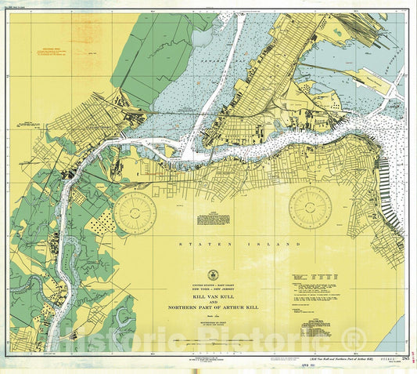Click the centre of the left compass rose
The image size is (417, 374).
[135, 212]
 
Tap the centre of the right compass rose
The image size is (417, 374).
[310, 207]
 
